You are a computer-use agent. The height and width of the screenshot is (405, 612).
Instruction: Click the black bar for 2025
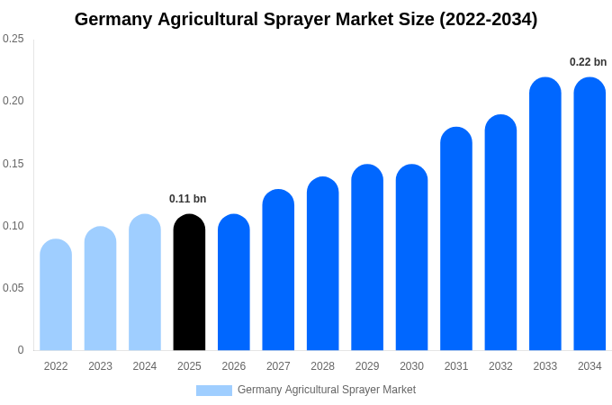(x=189, y=283)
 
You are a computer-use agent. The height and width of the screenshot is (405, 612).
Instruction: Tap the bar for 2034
(x=589, y=216)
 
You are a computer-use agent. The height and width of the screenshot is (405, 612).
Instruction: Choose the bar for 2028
(x=322, y=265)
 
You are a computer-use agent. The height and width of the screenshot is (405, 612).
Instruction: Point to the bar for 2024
(x=145, y=283)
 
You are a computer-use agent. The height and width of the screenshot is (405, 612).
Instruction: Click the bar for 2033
(x=545, y=216)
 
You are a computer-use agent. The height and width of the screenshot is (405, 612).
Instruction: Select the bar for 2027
(x=278, y=271)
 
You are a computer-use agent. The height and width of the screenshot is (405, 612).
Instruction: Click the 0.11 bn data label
(x=187, y=199)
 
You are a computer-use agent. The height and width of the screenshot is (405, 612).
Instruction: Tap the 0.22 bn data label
(x=588, y=62)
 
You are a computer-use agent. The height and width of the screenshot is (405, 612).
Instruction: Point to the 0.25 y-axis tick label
(x=13, y=39)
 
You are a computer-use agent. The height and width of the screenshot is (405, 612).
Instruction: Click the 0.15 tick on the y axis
(x=13, y=164)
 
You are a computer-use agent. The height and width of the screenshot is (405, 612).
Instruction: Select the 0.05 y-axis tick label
(x=13, y=288)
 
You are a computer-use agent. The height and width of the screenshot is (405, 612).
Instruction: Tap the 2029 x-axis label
(x=367, y=366)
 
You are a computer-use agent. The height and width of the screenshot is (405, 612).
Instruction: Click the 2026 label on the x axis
(x=234, y=366)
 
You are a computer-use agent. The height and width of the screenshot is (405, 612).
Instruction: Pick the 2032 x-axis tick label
(x=500, y=366)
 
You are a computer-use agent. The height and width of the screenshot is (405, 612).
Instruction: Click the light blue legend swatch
(x=214, y=391)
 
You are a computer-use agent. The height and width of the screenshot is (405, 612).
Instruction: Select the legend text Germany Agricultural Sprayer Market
(x=327, y=390)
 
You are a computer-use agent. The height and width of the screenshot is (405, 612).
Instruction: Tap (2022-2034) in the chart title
(x=488, y=20)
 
